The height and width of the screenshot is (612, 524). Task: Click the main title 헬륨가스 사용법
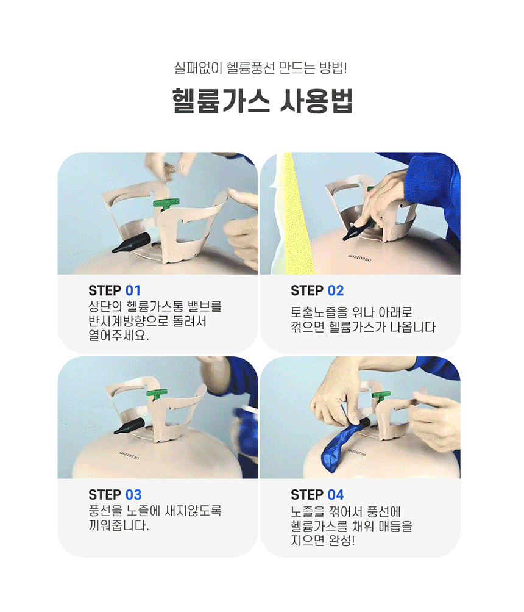pos(262,101)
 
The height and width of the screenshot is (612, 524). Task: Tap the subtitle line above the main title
pos(260,68)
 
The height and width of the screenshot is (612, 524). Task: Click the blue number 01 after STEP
pos(133,291)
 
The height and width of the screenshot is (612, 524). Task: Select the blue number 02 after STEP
pos(336,291)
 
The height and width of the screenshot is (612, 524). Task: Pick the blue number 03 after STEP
pos(133,495)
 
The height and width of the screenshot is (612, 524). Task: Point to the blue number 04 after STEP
pos(336,495)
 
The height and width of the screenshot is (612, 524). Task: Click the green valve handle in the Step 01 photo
pos(166,204)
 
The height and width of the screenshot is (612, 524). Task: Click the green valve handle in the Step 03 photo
pos(157,394)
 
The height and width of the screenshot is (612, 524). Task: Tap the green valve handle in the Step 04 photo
pos(381,397)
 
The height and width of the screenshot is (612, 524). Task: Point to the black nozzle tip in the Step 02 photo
pos(347,238)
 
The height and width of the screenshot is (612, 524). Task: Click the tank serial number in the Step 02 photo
pos(360,258)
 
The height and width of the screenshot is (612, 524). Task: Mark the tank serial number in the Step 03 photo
pos(129,455)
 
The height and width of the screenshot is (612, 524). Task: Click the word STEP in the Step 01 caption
pos(104,291)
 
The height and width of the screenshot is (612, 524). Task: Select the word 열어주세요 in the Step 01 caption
pos(119,335)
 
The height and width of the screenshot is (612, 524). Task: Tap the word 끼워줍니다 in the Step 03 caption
pos(119,525)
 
